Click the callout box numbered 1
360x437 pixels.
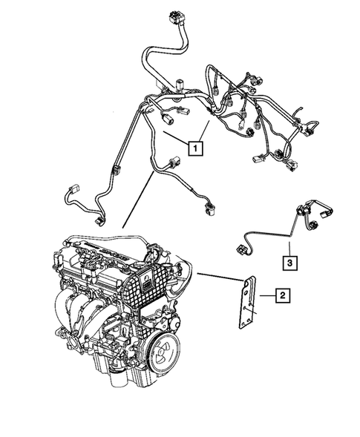[x=196, y=148]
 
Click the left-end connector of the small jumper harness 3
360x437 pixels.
[x=241, y=246]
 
